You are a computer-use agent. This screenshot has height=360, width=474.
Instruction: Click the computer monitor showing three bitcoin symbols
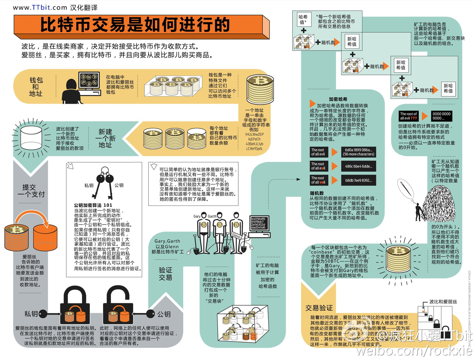point(89,81)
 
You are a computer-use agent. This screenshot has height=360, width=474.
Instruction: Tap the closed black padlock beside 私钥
point(75,306)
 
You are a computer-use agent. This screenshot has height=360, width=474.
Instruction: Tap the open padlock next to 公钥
point(118,306)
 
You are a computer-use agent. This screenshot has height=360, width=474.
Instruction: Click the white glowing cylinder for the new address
point(31,138)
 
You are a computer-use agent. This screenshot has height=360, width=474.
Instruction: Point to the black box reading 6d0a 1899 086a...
point(358,152)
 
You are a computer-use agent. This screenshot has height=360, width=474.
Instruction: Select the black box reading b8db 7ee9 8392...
point(358,180)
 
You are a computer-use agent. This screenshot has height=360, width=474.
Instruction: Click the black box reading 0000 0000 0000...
point(441,116)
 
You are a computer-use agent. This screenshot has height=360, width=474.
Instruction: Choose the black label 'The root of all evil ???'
point(408,116)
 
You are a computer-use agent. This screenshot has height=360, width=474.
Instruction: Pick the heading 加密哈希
point(338,99)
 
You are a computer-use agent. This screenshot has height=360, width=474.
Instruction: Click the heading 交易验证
point(319,308)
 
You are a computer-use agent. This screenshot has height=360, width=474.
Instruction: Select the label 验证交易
point(165,274)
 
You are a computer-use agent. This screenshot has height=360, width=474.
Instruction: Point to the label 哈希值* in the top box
point(303,19)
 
